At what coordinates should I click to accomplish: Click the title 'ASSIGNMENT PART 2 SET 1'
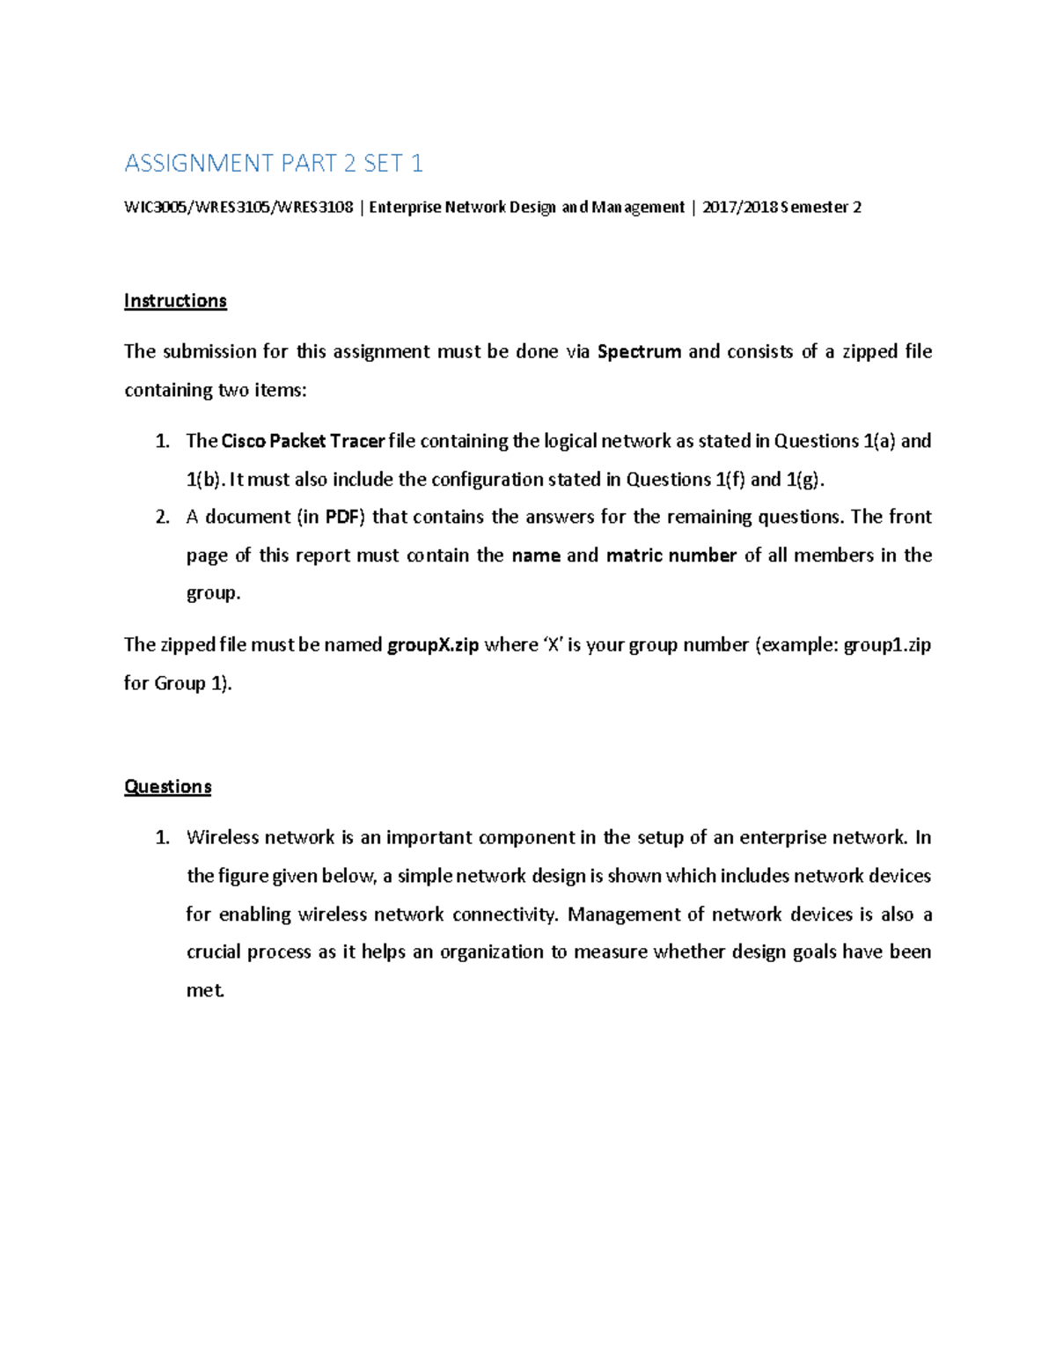click(x=274, y=163)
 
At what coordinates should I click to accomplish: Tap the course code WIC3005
click(x=155, y=208)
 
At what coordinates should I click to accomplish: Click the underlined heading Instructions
click(x=175, y=301)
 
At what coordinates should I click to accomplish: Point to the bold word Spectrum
click(x=639, y=352)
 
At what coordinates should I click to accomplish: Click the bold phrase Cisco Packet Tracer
click(x=303, y=441)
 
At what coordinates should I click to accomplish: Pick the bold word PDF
click(x=341, y=517)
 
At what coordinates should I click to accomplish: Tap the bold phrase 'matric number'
click(x=671, y=555)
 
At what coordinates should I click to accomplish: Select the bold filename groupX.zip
click(x=433, y=645)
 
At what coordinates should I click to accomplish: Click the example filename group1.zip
click(x=887, y=645)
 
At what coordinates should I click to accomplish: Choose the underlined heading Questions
click(x=167, y=787)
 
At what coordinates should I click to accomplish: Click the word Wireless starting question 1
click(x=223, y=837)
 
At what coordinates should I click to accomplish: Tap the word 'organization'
click(x=491, y=952)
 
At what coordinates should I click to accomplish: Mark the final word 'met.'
click(x=205, y=990)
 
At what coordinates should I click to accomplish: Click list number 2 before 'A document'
click(x=162, y=518)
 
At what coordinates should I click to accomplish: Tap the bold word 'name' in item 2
click(x=536, y=555)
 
